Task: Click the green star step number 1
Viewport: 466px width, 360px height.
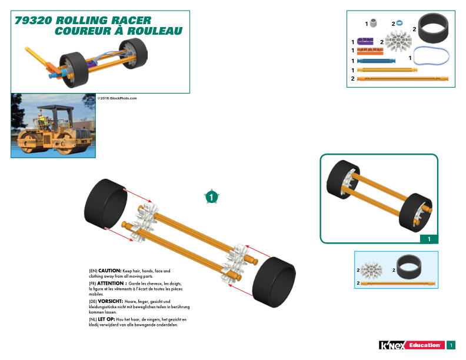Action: pos(211,196)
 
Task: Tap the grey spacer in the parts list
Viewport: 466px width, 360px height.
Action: pos(373,23)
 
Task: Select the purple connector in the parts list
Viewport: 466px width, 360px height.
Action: pos(365,41)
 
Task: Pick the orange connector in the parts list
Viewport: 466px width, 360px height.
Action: pos(370,51)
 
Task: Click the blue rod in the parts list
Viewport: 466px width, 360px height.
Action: pos(376,61)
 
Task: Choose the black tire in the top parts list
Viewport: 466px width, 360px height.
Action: pos(433,28)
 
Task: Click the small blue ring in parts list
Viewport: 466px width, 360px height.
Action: pos(399,22)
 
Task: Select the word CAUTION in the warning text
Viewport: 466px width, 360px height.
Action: pos(109,271)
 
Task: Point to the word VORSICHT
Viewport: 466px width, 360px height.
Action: pos(110,301)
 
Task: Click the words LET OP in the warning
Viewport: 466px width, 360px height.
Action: pos(106,319)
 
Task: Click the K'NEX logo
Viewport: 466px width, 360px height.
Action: pos(392,345)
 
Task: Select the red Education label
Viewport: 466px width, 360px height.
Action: pos(425,345)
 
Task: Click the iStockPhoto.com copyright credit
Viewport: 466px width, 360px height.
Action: pos(117,98)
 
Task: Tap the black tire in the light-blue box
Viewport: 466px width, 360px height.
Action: pos(409,266)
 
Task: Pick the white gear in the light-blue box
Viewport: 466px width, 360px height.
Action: pos(371,270)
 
